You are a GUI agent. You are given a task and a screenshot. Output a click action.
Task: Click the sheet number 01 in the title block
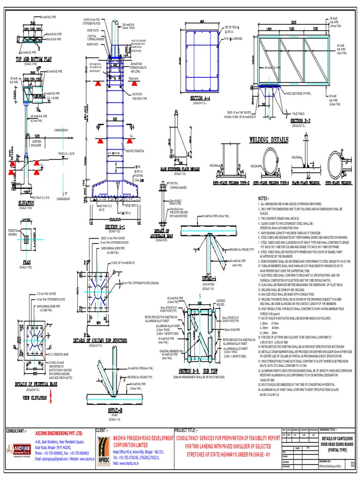click(353, 465)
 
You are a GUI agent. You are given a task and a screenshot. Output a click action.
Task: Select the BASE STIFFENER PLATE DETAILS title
click(180, 168)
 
